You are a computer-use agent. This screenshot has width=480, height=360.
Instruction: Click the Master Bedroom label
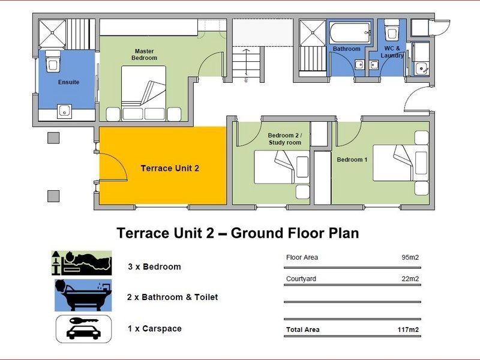[x=144, y=55]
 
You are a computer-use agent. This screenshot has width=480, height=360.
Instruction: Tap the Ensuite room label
[x=68, y=82]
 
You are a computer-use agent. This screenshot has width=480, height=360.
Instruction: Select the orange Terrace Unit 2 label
[x=170, y=168]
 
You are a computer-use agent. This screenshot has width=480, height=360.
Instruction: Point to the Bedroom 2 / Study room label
[x=284, y=139]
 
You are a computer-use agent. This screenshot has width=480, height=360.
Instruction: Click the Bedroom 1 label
[x=352, y=160]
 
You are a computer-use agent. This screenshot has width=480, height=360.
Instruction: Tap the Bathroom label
[x=347, y=49]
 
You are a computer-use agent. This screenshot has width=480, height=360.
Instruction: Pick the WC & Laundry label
[x=392, y=52]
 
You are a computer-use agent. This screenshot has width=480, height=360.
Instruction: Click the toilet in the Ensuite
[x=53, y=61]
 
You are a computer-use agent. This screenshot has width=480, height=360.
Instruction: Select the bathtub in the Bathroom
[x=350, y=33]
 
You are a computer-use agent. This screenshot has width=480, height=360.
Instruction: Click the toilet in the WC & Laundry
[x=392, y=29]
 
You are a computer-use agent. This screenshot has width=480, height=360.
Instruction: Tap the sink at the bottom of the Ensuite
[x=64, y=112]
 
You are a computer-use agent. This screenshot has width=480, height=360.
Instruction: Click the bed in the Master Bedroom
[x=143, y=93]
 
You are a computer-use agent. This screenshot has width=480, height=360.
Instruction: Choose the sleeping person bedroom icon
[x=82, y=263]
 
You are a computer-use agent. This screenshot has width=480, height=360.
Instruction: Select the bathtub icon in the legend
[x=83, y=295]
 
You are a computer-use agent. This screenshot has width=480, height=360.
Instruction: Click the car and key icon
[x=83, y=329]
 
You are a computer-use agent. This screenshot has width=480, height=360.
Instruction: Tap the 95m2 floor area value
[x=410, y=257]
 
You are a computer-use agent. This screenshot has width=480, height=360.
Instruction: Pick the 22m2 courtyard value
[x=410, y=279]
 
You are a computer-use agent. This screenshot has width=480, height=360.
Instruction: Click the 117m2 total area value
[x=408, y=329]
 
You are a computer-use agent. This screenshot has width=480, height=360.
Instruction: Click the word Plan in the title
[x=344, y=233]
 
